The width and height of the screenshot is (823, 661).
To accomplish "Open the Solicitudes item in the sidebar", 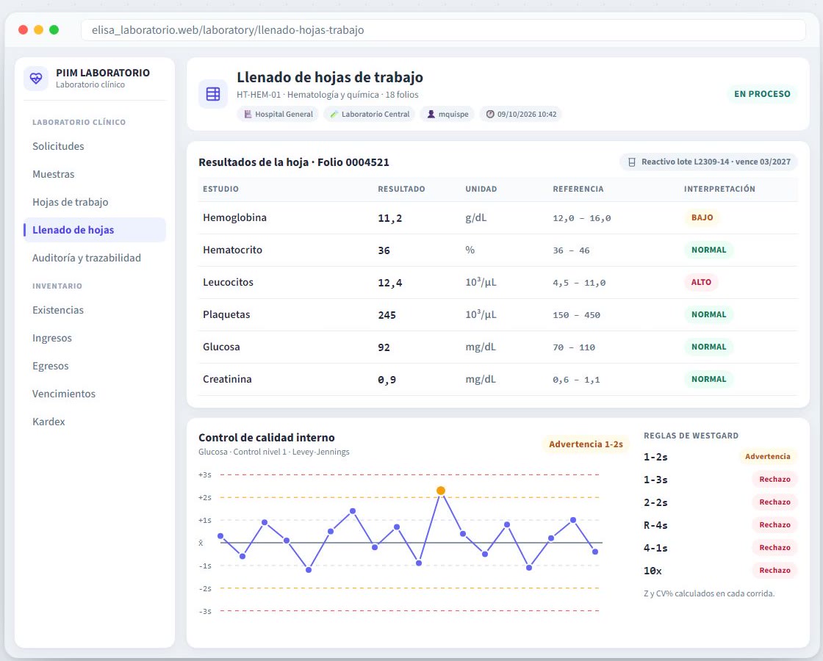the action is click(x=58, y=146).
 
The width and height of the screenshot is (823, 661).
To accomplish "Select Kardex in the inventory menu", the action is click(x=48, y=422).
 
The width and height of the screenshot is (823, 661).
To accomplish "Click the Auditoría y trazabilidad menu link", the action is click(x=87, y=258).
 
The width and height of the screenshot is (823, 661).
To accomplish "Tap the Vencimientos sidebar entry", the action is click(x=64, y=394).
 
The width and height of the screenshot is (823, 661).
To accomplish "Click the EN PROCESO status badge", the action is click(x=762, y=94).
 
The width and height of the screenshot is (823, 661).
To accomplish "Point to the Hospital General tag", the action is click(x=278, y=115).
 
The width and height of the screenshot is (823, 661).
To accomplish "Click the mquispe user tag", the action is click(x=448, y=115).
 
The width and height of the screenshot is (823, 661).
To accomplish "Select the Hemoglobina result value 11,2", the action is click(x=390, y=218).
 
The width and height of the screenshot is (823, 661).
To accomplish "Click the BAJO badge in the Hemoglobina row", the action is click(x=702, y=217).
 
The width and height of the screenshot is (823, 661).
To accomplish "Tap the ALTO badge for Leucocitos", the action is click(x=701, y=282).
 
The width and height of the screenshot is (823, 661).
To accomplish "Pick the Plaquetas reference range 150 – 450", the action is click(x=576, y=315).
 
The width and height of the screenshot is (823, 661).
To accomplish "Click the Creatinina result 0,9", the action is click(x=387, y=380).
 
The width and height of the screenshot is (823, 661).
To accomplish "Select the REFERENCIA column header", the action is click(x=578, y=189).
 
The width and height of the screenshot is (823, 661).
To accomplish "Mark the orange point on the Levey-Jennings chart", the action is click(x=441, y=491).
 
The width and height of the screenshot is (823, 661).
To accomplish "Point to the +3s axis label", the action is click(x=205, y=474).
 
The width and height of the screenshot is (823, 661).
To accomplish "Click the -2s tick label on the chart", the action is click(x=205, y=588).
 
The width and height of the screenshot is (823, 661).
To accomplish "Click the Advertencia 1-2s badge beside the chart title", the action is click(x=586, y=444).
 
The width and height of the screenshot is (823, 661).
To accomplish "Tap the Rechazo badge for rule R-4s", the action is click(x=775, y=524).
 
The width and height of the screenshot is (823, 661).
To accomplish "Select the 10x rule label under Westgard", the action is click(x=653, y=571).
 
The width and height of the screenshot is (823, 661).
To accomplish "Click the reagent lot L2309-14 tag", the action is click(x=709, y=162).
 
